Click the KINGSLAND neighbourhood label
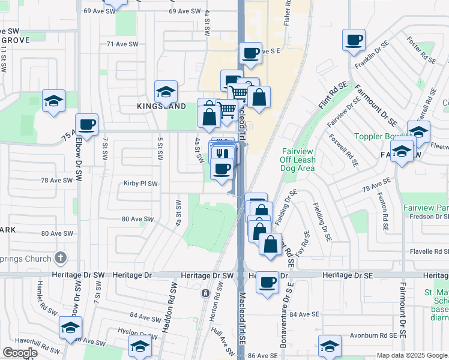(x=161, y=106)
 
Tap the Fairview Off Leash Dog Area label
(x=298, y=160)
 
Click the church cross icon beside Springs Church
(x=59, y=259)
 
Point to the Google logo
(x=19, y=353)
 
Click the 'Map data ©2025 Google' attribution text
(x=412, y=355)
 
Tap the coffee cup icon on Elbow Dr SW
(x=87, y=124)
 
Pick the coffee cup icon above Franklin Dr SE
(x=354, y=40)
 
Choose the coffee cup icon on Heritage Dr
(x=267, y=281)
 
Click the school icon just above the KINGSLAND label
(x=166, y=92)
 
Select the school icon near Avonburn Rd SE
(x=330, y=346)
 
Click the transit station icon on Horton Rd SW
(x=206, y=293)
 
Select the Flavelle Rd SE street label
(x=427, y=252)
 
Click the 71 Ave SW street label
(x=122, y=44)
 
